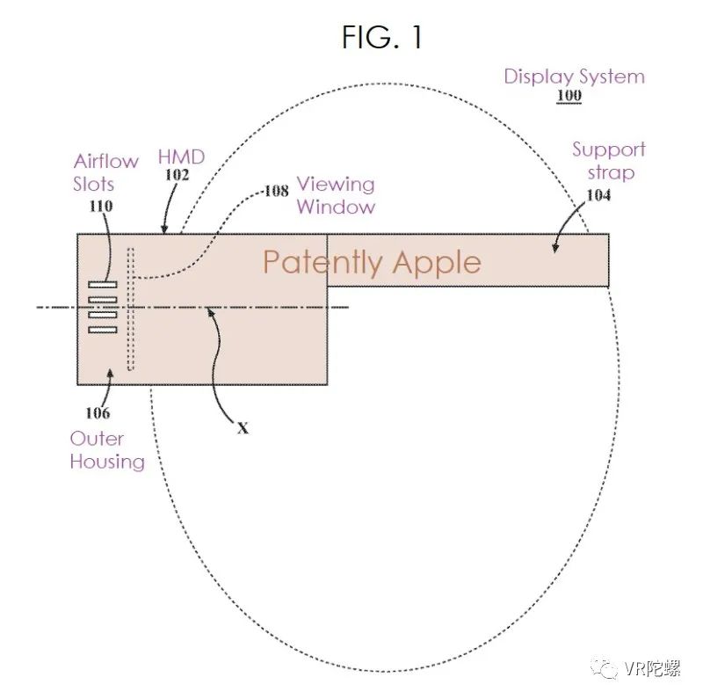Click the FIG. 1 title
[382, 37]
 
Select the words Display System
[574, 76]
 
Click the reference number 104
[598, 195]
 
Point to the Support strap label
[609, 161]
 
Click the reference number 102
[177, 175]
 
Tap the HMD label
[181, 157]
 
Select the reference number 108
[274, 189]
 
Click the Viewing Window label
[335, 196]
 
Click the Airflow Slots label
[105, 173]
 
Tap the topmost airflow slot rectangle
[103, 284]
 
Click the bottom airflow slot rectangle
[103, 330]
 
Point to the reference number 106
[98, 412]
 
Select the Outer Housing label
[107, 450]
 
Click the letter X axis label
[243, 428]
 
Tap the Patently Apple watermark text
[372, 262]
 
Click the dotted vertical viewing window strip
[131, 309]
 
